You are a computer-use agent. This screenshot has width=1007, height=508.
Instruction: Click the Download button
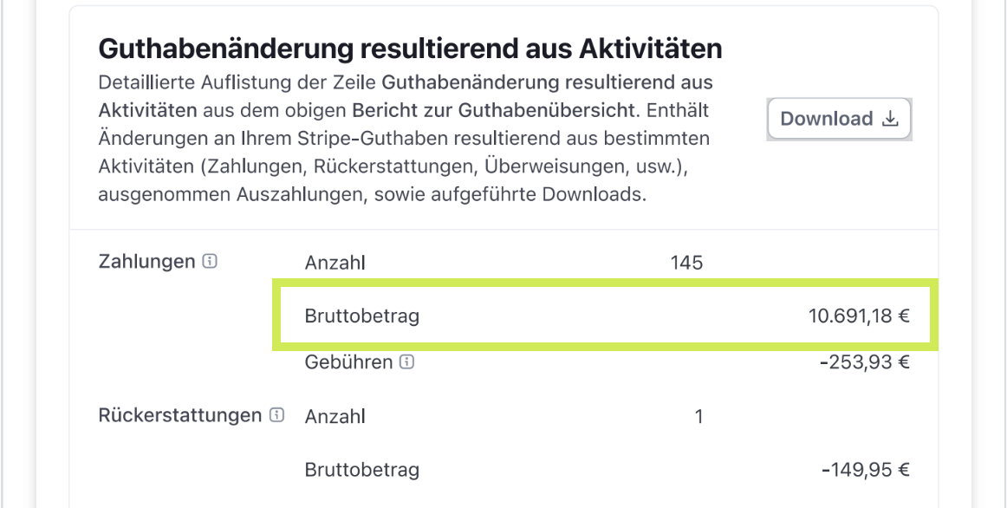(840, 119)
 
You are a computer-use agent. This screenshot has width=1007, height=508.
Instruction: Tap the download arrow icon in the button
(890, 119)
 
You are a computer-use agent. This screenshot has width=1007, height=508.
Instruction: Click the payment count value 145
(686, 263)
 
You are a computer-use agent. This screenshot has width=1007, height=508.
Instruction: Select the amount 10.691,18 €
(860, 316)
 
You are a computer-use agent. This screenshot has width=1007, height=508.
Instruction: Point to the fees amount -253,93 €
(865, 362)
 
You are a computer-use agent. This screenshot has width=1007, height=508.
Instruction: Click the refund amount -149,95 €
(866, 470)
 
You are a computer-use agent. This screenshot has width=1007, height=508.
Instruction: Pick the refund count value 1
(698, 418)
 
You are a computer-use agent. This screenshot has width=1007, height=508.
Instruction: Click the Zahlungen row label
(146, 262)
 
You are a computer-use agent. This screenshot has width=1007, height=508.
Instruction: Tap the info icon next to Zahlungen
(210, 262)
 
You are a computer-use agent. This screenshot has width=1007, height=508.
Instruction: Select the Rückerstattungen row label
(180, 415)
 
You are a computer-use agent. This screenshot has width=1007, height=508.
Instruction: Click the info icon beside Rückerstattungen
(276, 415)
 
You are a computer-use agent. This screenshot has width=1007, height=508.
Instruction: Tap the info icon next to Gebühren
(406, 362)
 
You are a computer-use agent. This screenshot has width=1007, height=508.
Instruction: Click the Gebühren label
(348, 362)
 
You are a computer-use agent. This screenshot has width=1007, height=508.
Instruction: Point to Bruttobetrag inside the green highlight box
(362, 316)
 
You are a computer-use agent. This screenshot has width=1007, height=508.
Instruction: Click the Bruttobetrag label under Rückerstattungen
(362, 470)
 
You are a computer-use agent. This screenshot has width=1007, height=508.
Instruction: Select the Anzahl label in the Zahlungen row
(335, 263)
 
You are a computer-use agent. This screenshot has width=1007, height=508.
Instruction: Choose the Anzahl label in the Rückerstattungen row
(335, 418)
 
